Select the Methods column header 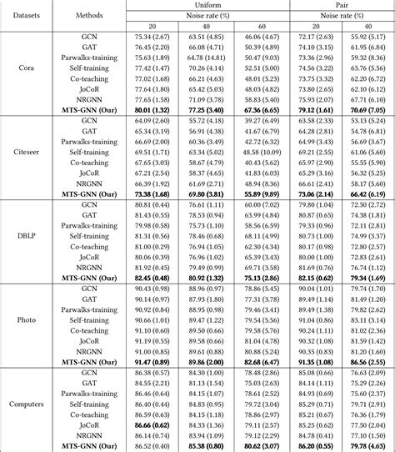(x=88, y=15)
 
